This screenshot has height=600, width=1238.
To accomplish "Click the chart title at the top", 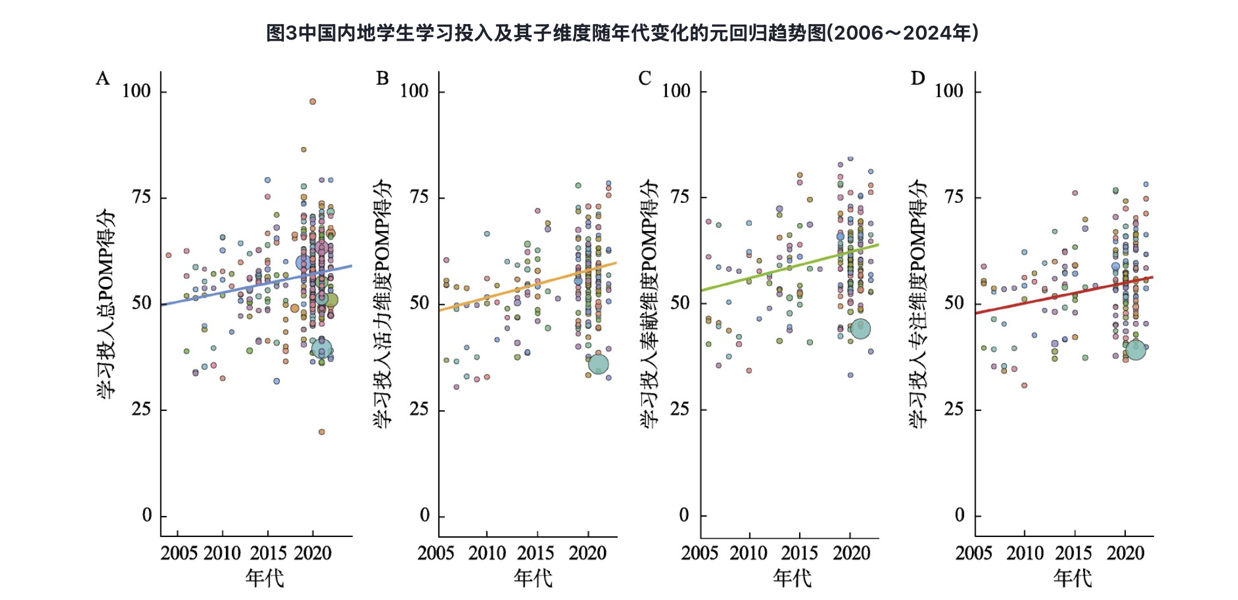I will [622, 33].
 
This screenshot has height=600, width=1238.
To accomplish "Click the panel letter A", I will [103, 79].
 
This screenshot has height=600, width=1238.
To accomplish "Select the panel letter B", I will [382, 79].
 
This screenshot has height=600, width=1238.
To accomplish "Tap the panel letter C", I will [645, 79].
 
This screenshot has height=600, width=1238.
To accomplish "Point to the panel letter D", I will [918, 79].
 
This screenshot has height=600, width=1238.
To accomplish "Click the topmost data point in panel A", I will [312, 101].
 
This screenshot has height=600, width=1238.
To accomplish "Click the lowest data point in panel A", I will [322, 432].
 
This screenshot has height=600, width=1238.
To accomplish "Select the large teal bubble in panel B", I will [598, 364].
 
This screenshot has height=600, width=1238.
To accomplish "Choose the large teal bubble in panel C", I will [860, 328].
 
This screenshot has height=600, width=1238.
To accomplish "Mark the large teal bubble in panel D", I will [1135, 349].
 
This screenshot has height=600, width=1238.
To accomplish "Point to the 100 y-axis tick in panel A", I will [136, 91].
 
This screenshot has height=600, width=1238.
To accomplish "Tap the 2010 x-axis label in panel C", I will [749, 553].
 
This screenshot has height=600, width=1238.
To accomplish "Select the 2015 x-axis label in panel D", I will [1074, 553].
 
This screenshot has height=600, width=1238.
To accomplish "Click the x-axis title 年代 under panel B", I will [533, 578].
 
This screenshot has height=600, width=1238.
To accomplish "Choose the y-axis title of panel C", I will [651, 303].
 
